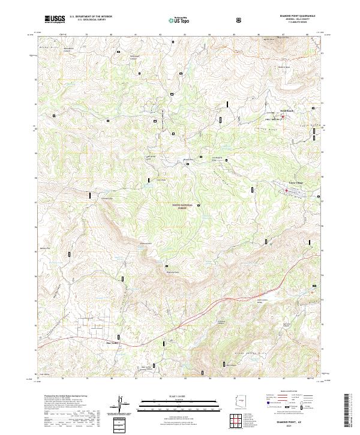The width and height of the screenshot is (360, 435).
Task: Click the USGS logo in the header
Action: [55, 19]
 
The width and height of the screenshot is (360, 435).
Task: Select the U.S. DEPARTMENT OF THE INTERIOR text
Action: [91, 17]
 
